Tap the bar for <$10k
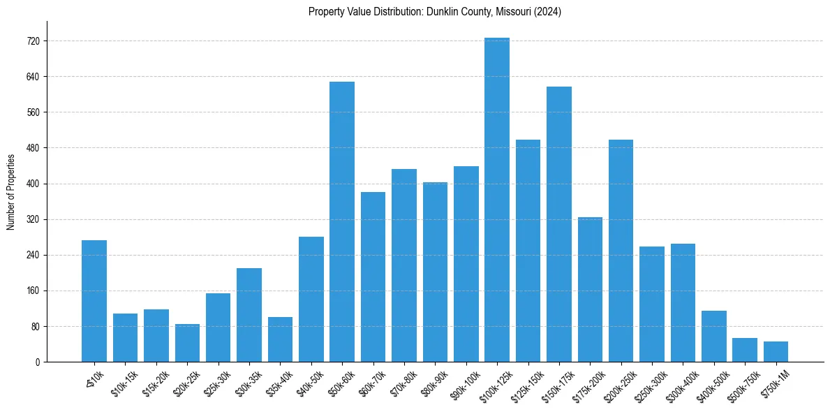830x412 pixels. pos(94,301)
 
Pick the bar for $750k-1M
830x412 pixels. pos(776,352)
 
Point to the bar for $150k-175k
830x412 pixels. pos(559,224)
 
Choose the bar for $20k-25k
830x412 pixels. pos(187,343)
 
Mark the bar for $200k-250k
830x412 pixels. pos(621,251)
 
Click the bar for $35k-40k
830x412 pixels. pos(280,339)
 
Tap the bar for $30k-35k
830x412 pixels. pos(249,315)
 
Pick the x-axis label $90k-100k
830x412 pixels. pos(465,381)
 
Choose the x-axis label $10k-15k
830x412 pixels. pos(124,380)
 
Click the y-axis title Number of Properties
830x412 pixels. pos(11,191)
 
